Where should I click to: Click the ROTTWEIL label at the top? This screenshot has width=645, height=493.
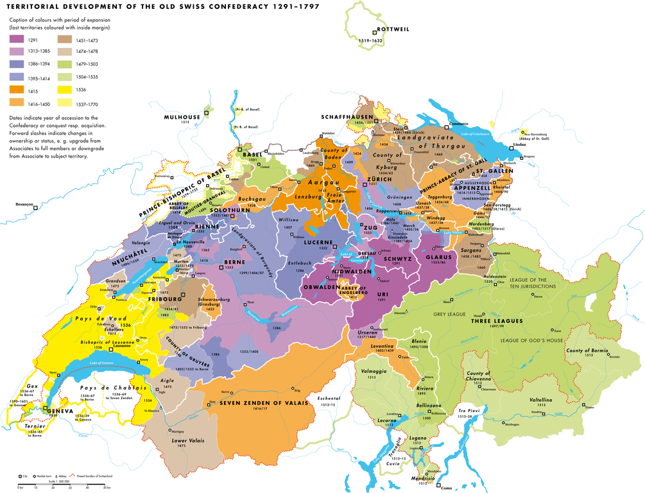pos(391,30)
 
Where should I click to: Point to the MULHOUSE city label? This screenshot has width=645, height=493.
pos(182,117)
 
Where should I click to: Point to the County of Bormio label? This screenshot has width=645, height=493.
pos(588,351)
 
